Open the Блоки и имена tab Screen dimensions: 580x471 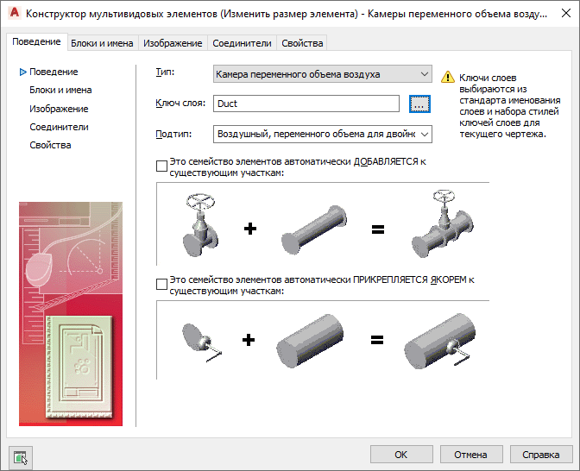[102, 43]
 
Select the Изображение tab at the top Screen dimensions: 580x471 [173, 43]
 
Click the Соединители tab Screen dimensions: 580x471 [242, 43]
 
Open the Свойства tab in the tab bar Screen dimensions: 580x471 [302, 43]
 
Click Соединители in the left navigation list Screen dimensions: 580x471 [59, 127]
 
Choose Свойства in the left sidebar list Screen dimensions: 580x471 [50, 145]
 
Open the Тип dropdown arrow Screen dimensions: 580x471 [425, 74]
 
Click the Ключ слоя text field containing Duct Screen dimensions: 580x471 [306, 104]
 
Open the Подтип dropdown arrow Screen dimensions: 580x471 [425, 134]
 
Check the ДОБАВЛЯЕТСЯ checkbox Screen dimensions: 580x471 [161, 166]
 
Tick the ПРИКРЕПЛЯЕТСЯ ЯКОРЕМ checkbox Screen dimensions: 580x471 [161, 285]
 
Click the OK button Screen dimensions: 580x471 [401, 455]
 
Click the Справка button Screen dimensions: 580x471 [541, 455]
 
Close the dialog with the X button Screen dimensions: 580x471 [566, 14]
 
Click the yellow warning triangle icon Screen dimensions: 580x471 [448, 77]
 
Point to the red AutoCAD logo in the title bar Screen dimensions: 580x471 [15, 13]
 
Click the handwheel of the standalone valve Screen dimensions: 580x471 [200, 202]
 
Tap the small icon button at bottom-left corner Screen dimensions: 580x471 [21, 458]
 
